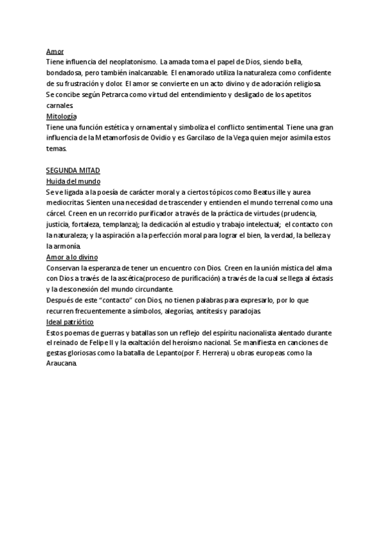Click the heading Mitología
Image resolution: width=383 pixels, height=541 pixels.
pyautogui.click(x=61, y=116)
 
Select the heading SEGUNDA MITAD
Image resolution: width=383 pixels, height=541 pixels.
pyautogui.click(x=73, y=171)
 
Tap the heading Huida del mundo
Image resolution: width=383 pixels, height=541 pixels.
pyautogui.click(x=70, y=182)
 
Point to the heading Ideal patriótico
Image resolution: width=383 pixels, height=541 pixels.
pyautogui.click(x=70, y=322)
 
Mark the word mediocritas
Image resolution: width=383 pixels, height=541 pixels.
pyautogui.click(x=64, y=203)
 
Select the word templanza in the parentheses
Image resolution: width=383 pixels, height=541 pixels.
pyautogui.click(x=134, y=225)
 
